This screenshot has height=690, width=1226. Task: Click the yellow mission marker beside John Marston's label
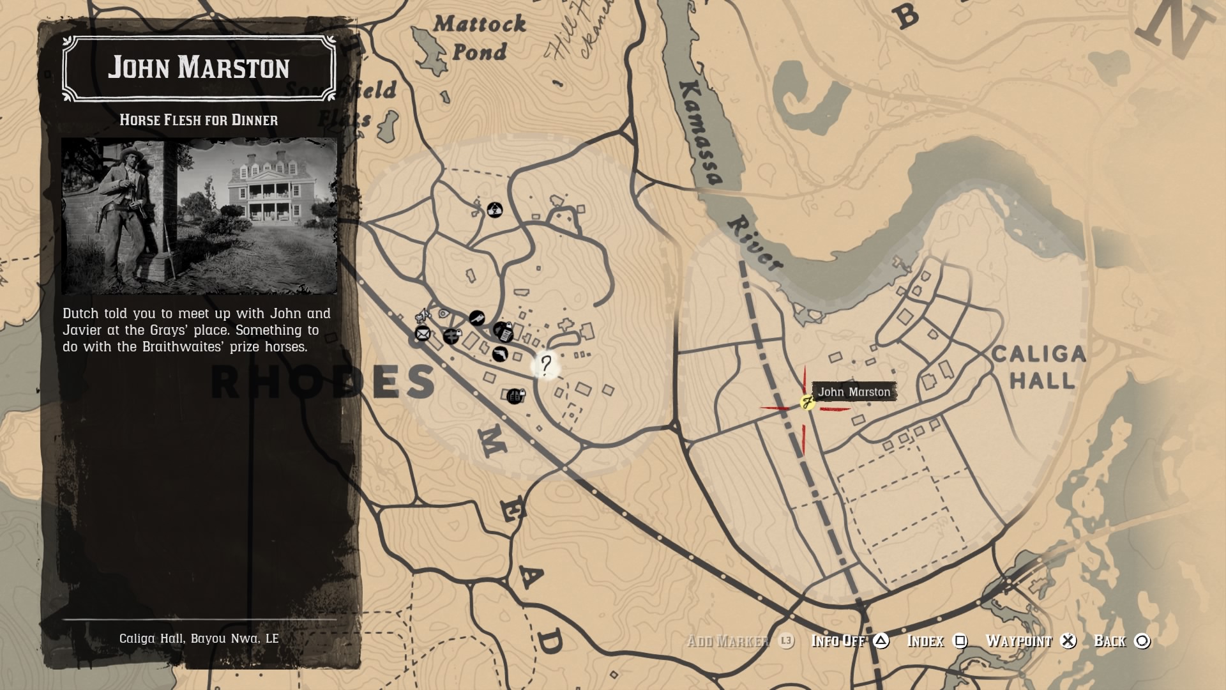pos(807,402)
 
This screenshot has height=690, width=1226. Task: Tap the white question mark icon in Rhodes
pos(546,365)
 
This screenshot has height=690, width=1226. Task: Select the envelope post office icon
pos(422,333)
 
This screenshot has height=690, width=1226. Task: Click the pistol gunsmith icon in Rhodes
pos(499,353)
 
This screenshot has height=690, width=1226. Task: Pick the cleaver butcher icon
pos(476,318)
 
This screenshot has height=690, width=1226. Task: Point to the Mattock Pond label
pos(479,38)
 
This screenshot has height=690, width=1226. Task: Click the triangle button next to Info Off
pos(881,641)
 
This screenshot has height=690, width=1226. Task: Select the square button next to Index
pos(960,641)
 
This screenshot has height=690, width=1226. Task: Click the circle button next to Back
pos(1142,641)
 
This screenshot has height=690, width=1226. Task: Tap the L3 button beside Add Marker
pos(786,641)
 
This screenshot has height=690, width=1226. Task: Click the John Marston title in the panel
pos(199,68)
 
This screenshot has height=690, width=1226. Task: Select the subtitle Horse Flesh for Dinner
pos(199,120)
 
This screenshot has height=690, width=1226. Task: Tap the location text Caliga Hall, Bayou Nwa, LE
pos(199,638)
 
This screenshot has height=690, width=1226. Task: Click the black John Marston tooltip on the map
pos(854,392)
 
